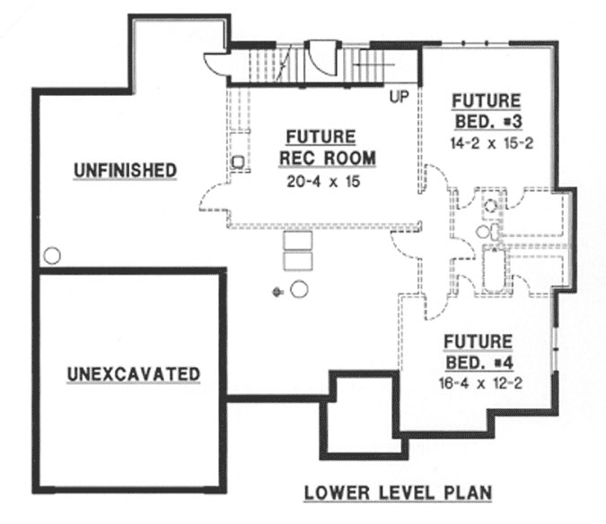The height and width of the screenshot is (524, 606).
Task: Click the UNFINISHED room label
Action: click(x=124, y=170)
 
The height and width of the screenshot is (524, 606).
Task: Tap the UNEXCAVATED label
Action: click(x=133, y=373)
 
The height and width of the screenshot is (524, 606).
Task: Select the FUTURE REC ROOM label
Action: click(x=321, y=148)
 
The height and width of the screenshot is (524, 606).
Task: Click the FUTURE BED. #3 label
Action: click(x=486, y=110)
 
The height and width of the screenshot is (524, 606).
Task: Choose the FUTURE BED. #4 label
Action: click(x=478, y=353)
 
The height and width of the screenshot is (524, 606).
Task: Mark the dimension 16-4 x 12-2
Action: click(x=478, y=383)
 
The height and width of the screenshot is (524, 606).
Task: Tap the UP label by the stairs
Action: click(x=399, y=95)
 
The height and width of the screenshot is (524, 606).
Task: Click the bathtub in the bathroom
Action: click(x=494, y=268)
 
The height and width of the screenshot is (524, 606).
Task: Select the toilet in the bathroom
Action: click(x=485, y=231)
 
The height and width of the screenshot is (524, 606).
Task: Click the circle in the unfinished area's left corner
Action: click(x=53, y=256)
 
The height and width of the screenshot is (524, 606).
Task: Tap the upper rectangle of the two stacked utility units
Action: click(x=295, y=241)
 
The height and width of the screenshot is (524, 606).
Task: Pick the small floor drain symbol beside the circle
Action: click(x=279, y=291)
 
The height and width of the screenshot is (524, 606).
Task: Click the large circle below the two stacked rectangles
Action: click(x=300, y=290)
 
